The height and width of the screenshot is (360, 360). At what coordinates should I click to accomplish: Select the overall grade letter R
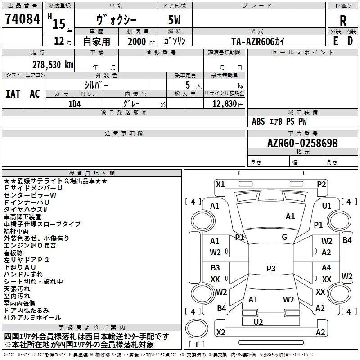click(x=343, y=21)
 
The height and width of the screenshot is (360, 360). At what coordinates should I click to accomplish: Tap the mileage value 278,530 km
click(x=53, y=64)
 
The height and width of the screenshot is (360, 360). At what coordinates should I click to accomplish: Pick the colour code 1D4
click(x=74, y=103)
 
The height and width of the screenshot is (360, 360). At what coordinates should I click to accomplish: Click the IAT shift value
click(x=13, y=94)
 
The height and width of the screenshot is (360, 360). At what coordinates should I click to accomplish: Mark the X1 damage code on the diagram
click(x=220, y=184)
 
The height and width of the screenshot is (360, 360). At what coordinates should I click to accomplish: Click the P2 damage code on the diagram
click(x=321, y=184)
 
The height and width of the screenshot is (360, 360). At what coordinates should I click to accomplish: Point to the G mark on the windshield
click(x=284, y=237)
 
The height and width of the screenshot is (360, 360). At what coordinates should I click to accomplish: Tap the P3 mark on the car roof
click(x=271, y=269)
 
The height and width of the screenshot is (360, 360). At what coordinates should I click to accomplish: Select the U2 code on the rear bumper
click(x=258, y=322)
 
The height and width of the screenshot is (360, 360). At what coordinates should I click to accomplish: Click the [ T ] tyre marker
click(x=198, y=344)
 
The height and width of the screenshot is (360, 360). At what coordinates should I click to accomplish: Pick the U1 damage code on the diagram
click(x=327, y=206)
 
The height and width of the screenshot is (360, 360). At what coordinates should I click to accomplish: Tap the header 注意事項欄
click(x=124, y=134)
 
